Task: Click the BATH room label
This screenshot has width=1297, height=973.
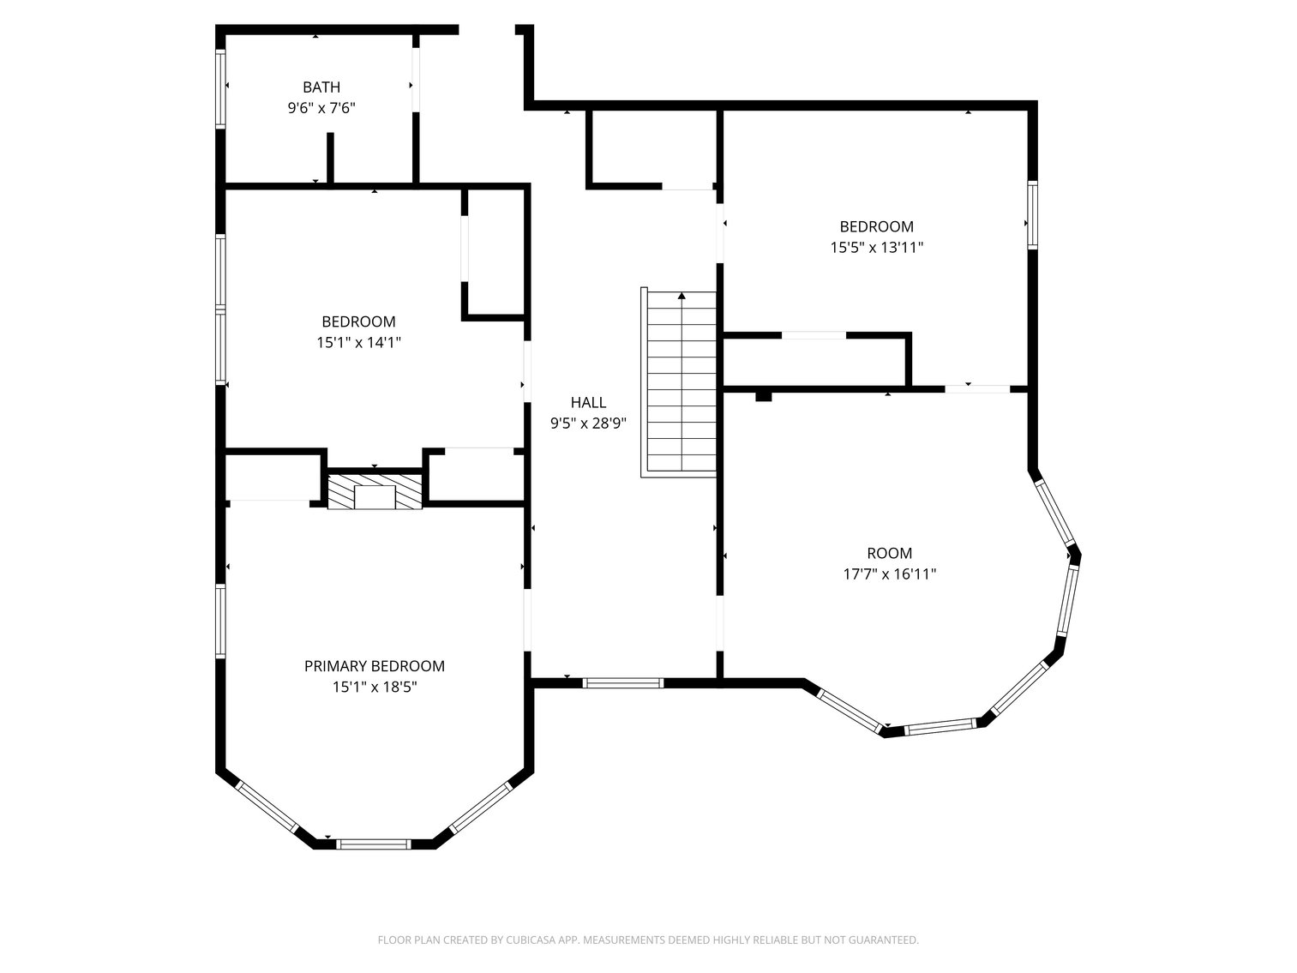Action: [x=321, y=87]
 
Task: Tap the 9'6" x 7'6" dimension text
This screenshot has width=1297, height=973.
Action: [x=321, y=108]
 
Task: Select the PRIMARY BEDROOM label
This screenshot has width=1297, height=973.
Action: [x=375, y=666]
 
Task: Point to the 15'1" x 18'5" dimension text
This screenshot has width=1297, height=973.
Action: [x=375, y=687]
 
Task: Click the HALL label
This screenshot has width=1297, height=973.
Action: [x=589, y=403]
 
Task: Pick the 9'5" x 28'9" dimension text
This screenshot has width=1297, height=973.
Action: [x=589, y=423]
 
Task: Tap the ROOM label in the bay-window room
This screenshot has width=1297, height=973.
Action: [x=890, y=554]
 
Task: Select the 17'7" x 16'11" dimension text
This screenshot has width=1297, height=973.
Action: [x=890, y=574]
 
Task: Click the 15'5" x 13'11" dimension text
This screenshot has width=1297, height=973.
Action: [x=877, y=248]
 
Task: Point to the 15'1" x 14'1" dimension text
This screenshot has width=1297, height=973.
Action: [x=358, y=343]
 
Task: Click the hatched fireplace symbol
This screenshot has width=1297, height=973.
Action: [x=375, y=490]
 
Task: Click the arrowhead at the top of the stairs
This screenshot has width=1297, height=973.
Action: [x=682, y=296]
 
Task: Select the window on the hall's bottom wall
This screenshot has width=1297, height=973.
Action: [x=623, y=683]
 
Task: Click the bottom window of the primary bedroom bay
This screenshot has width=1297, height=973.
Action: [x=374, y=844]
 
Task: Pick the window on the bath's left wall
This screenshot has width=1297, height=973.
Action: [x=220, y=88]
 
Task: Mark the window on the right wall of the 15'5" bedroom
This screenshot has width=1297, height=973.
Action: [x=1032, y=215]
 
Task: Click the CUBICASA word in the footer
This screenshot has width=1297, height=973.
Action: [x=531, y=940]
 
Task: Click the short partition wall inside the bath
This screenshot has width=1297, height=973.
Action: [x=330, y=158]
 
